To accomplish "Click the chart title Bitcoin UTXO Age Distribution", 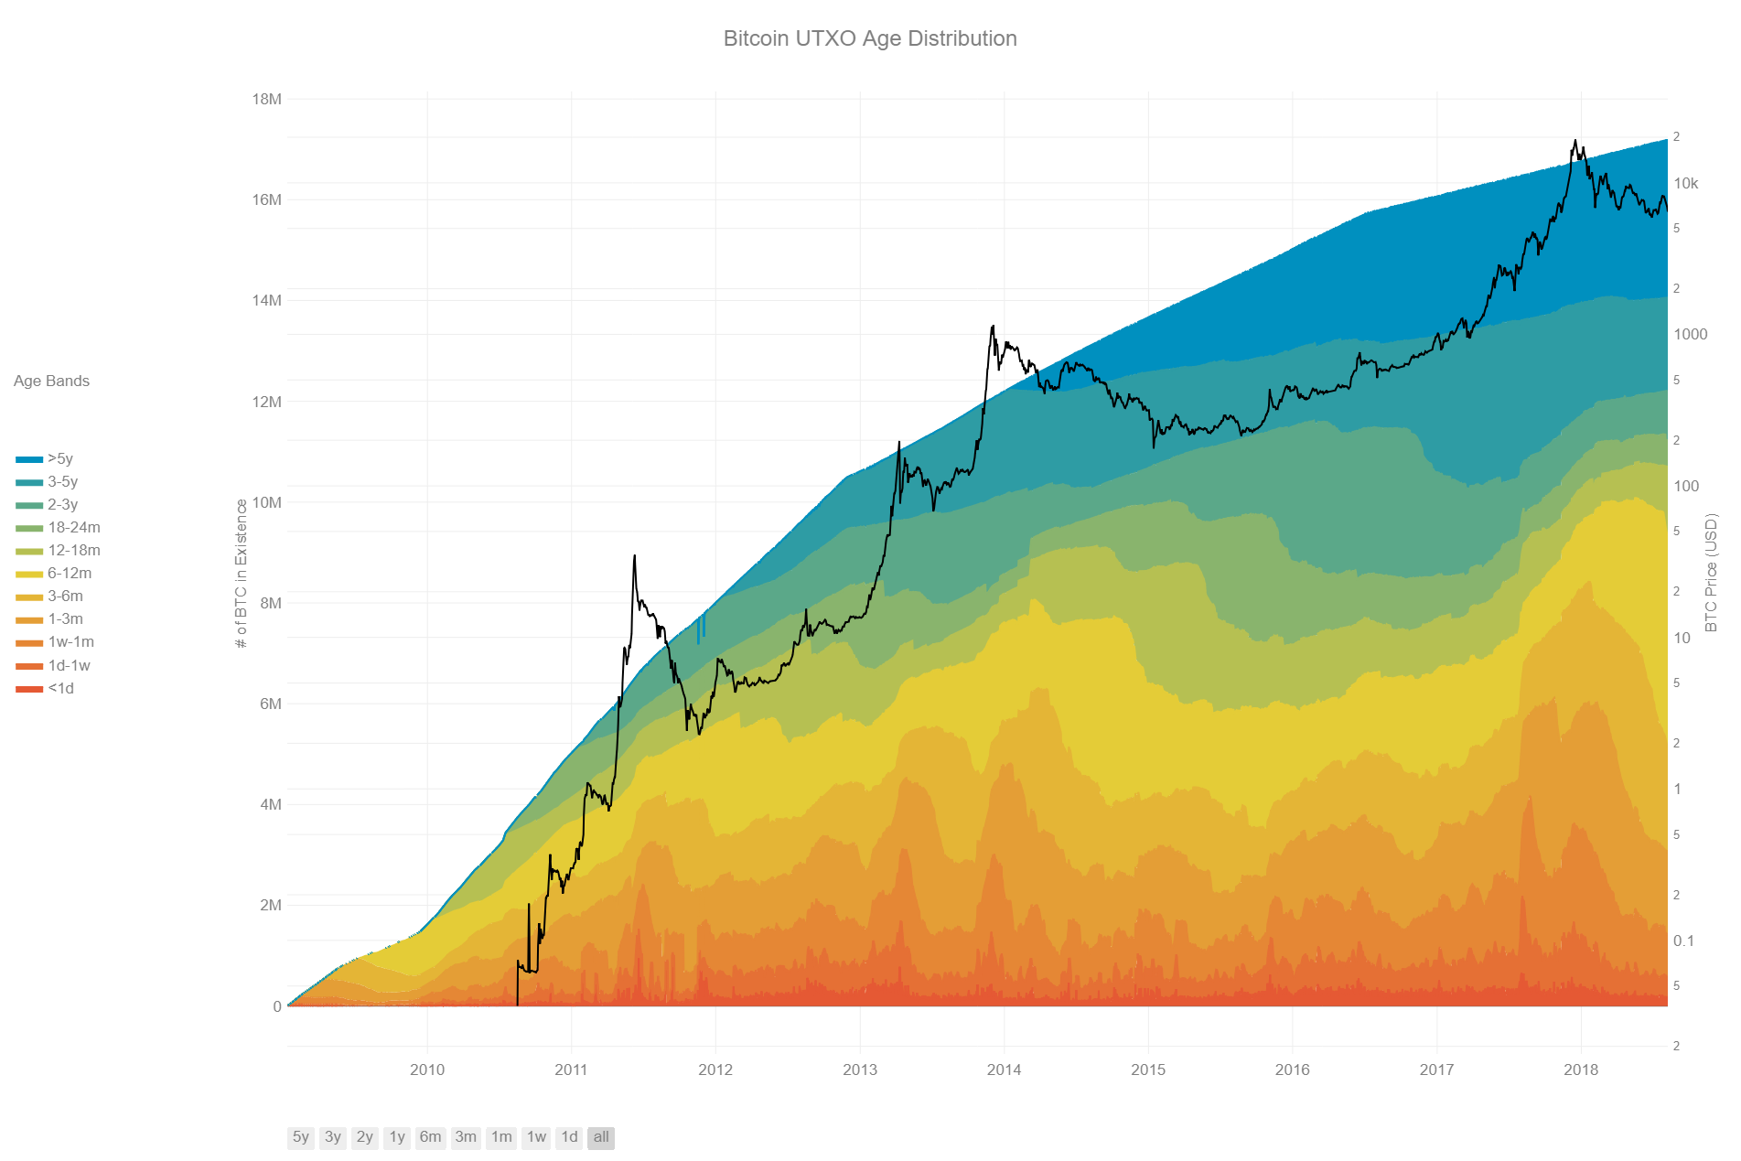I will pos(869,38).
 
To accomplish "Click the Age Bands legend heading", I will pos(51,381).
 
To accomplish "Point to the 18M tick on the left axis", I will pos(266,99).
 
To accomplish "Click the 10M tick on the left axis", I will pos(266,502).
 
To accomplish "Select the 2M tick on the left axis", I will pos(270,905).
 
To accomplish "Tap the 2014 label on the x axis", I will pos(1004,1070).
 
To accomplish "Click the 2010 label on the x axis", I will pos(427,1070).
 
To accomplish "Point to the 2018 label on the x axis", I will pos(1580,1070).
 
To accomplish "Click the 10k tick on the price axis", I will pos(1685,183).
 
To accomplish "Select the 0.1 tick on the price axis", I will pos(1683,941).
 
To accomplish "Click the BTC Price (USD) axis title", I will pos(1711,572).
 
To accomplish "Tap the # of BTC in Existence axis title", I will pos(242,574).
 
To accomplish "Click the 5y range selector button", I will pos(300,1137).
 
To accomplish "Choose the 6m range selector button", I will pos(430,1137).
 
